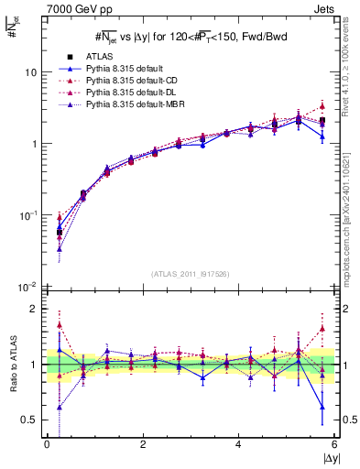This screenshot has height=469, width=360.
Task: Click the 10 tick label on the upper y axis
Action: pos(31,72)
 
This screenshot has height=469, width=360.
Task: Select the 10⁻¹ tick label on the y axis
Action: pos(28,215)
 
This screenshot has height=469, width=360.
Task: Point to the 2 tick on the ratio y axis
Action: pos(34,309)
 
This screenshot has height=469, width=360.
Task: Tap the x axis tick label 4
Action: pos(239,444)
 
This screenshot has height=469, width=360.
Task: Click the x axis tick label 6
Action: pos(335,444)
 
